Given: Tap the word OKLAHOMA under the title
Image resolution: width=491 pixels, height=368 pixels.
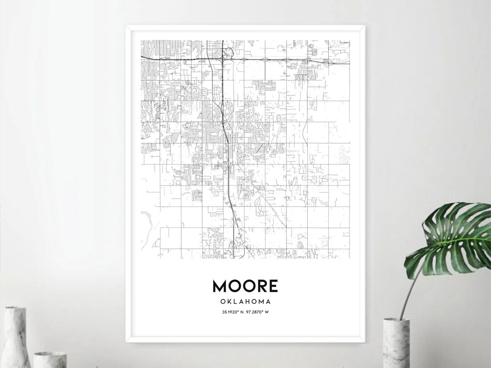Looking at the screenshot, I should click(245, 301).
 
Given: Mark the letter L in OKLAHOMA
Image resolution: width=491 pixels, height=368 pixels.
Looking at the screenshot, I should click(235, 301).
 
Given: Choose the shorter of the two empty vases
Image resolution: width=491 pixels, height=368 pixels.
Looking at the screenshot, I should click(50, 359).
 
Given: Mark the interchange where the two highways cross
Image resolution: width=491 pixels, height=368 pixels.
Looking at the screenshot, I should click(223, 58).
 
